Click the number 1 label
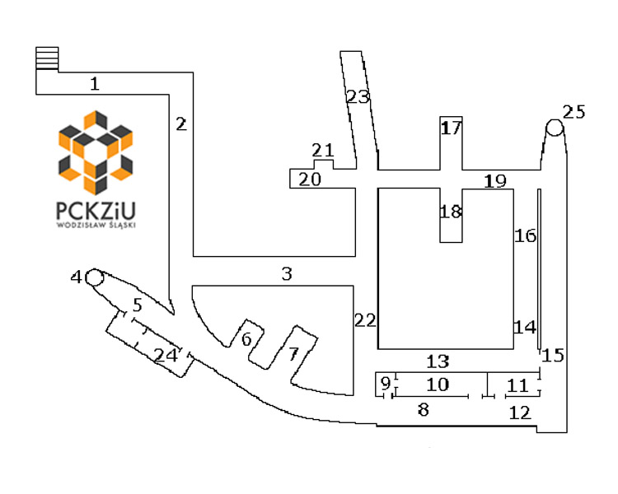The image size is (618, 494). coord(95,83)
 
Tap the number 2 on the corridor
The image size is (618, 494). coord(181,124)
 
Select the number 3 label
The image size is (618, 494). coord(287,273)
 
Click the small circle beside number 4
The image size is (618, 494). coord(95,277)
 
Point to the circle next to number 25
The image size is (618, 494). coord(555,128)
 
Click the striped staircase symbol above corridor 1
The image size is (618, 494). coord(47,58)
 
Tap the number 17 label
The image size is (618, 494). coord(452,128)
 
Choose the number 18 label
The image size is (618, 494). coord(451,212)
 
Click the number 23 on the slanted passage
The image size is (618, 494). coord(358,97)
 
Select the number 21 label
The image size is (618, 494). coord(323,150)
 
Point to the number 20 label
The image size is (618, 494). coord(310,179)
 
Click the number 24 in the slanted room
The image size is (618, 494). coord(166,356)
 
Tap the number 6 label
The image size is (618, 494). coord(246,338)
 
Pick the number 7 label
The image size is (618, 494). coord(293,354)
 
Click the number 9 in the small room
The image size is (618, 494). coord(386,383)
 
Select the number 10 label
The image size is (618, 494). coord(438,384)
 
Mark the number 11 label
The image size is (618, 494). coord(517,385)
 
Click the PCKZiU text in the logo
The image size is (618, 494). coord(96,211)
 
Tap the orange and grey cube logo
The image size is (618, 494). coord(96,153)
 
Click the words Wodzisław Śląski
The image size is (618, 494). coord(96,226)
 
